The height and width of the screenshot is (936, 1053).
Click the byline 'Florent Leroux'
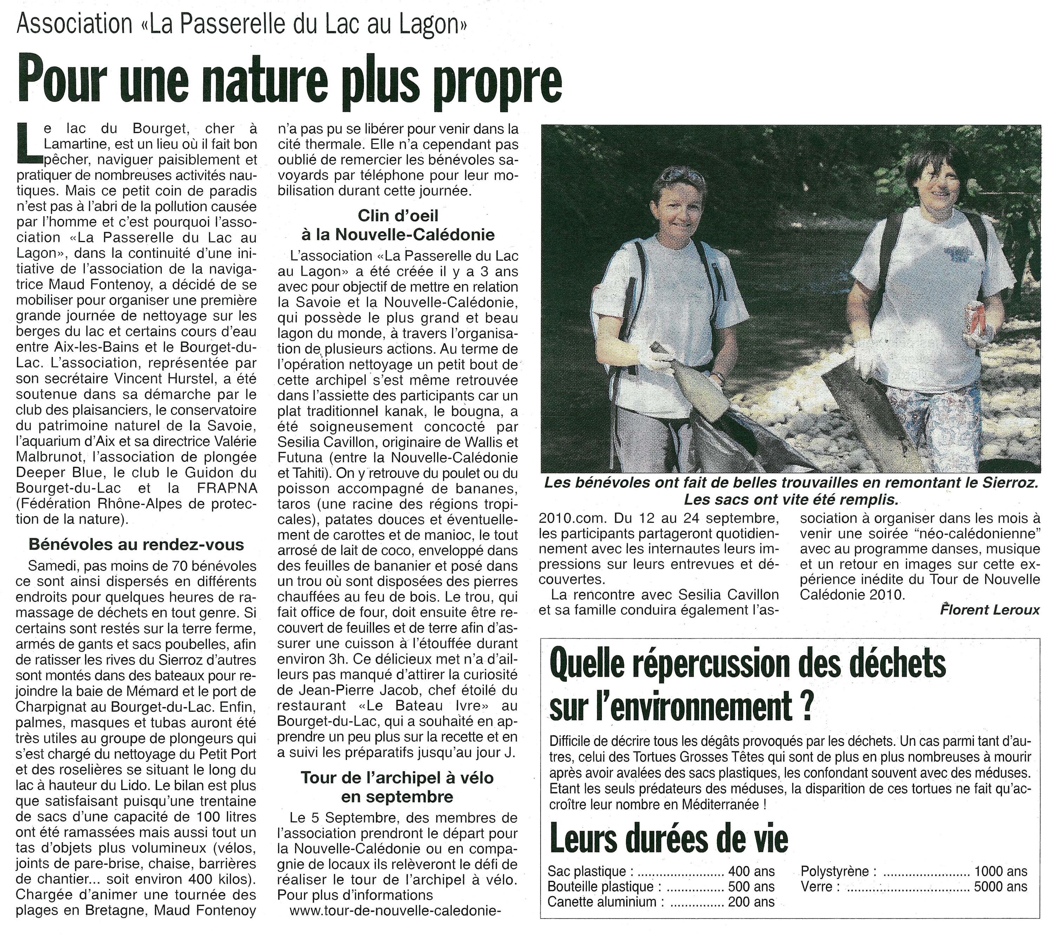pyautogui.click(x=989, y=610)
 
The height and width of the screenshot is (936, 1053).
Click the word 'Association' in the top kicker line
pyautogui.click(x=75, y=24)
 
